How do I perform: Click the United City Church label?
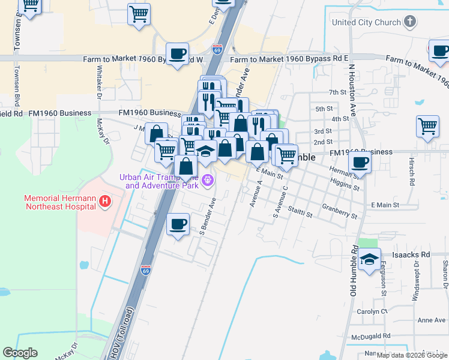click(x=366, y=23)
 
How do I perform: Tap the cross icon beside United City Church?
click(x=410, y=23)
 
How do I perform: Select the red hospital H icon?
click(x=106, y=201)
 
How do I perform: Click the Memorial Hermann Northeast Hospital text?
click(x=60, y=202)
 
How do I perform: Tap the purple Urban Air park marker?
click(x=208, y=179)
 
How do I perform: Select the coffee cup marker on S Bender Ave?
click(x=178, y=224)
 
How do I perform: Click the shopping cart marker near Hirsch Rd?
click(x=427, y=127)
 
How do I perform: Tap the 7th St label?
click(x=338, y=92)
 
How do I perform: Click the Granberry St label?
click(x=339, y=213)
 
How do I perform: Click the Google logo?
click(x=20, y=353)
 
